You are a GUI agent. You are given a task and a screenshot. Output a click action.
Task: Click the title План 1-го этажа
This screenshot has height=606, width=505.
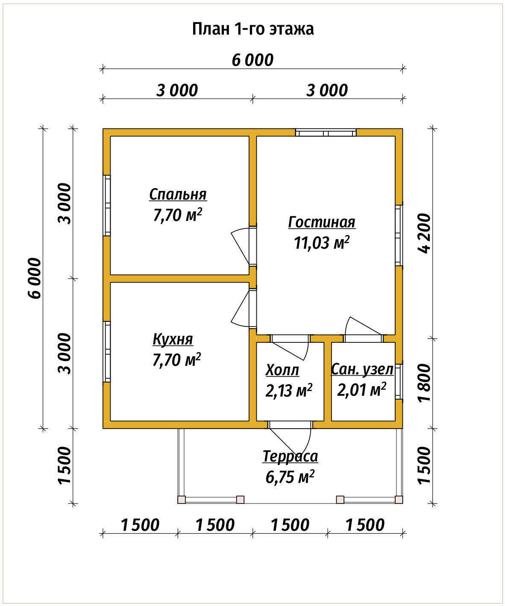click(253, 29)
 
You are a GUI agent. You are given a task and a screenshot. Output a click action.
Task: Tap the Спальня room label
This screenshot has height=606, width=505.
click(178, 194)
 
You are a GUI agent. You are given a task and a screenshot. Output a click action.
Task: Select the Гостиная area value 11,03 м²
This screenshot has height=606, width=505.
click(322, 243)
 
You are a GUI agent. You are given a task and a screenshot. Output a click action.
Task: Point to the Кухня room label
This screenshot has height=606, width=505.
click(173, 339)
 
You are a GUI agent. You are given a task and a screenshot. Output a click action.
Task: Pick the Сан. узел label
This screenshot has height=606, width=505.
click(362, 370)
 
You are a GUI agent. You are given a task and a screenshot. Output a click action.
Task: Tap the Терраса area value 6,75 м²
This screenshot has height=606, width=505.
click(290, 477)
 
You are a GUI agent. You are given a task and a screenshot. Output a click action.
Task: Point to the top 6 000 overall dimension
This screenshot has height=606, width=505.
click(252, 60)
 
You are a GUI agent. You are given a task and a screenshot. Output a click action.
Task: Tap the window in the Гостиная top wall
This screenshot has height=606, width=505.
click(326, 133)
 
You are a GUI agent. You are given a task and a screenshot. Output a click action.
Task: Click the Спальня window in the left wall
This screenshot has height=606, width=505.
click(107, 206)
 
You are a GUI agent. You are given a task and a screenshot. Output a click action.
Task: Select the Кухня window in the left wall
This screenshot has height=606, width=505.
click(107, 351)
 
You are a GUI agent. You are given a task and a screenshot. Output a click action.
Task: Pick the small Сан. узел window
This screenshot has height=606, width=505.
click(399, 382)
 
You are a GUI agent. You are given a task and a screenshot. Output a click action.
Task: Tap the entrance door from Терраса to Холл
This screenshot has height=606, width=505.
click(290, 441)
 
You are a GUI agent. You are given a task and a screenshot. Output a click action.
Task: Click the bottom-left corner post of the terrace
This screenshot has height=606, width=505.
click(182, 500)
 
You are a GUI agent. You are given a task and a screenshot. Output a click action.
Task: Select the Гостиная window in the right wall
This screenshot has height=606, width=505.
click(399, 235)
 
